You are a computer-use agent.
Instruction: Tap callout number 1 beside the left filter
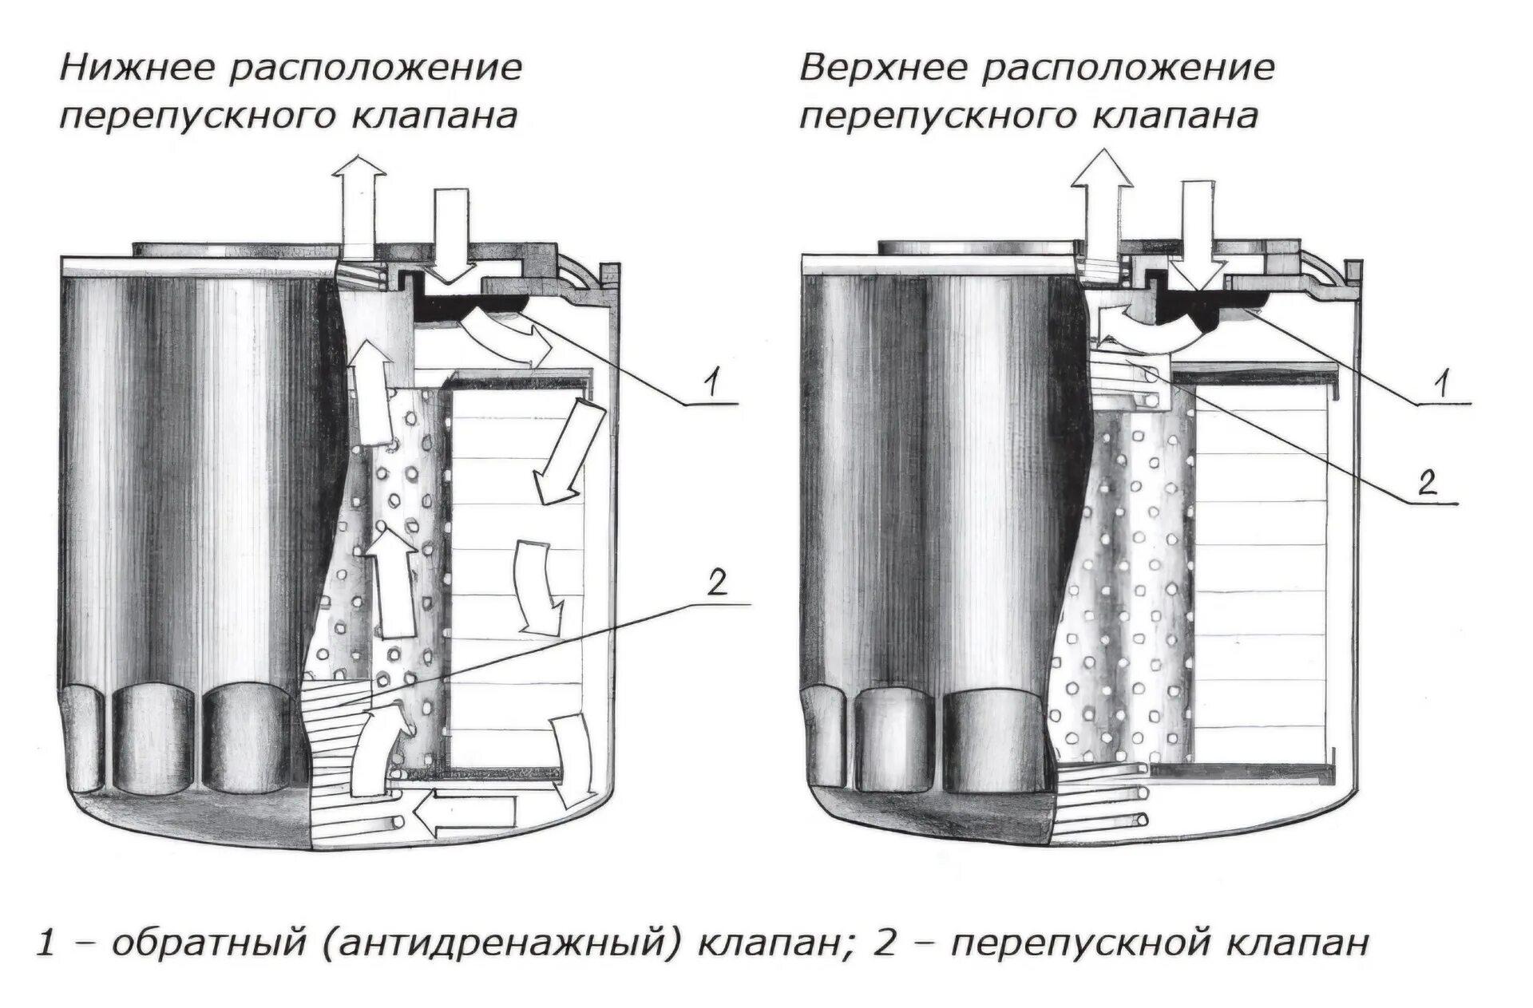tap(711, 385)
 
